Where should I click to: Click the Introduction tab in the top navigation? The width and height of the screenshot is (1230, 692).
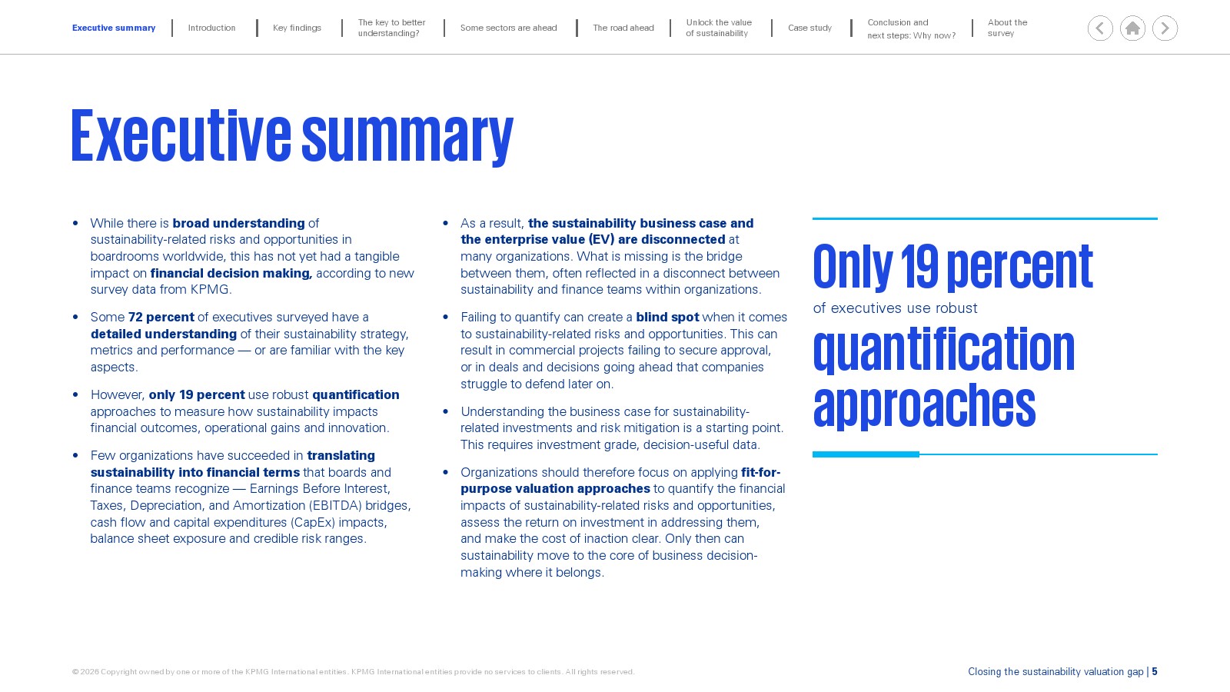click(211, 28)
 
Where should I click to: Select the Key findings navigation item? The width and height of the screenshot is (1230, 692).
click(297, 28)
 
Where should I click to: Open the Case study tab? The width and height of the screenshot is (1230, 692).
click(810, 28)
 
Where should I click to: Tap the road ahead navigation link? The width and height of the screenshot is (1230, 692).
click(623, 28)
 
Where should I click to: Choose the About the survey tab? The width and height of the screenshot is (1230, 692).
click(1007, 28)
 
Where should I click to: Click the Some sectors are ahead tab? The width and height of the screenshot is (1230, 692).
click(508, 28)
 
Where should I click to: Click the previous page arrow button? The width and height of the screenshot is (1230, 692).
click(1100, 28)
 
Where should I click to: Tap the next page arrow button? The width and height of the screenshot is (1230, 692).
click(1165, 28)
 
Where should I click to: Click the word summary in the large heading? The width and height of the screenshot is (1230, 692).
click(407, 138)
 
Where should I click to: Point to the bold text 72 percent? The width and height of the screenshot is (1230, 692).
click(161, 317)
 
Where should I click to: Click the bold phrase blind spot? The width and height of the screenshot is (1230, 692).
click(667, 317)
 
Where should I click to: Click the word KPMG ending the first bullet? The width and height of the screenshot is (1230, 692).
click(211, 289)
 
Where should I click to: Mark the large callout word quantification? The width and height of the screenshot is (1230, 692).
click(943, 349)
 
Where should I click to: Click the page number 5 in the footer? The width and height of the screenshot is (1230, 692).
click(1154, 672)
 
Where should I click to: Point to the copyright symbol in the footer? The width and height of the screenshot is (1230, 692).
click(75, 672)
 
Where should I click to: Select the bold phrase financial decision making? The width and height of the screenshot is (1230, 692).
click(231, 273)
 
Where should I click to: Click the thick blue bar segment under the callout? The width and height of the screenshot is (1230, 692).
click(866, 454)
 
